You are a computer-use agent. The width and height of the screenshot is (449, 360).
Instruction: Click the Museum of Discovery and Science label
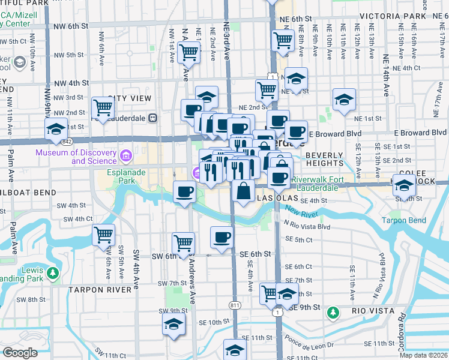pos(76,157)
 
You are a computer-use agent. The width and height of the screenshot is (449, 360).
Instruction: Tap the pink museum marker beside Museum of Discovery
pos(125,157)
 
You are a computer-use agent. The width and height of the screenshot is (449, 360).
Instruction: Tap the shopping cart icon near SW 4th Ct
pos(103,234)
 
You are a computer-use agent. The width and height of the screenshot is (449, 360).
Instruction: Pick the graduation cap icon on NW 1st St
pos(55,129)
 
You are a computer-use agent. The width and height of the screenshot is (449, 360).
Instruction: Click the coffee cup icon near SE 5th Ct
pos(221,236)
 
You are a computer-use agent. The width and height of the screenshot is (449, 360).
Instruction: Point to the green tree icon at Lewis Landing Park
pos(53,274)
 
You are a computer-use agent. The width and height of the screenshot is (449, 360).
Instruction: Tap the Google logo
pos(19,353)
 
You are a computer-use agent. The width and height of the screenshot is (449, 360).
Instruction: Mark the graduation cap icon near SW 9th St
pos(173,324)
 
